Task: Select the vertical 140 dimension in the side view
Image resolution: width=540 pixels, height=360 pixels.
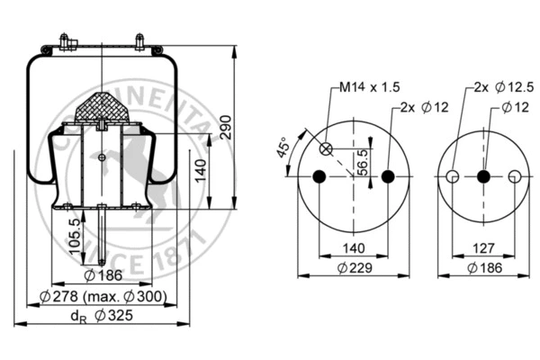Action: (x=201, y=167)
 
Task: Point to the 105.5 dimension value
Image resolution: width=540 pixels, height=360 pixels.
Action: (x=76, y=237)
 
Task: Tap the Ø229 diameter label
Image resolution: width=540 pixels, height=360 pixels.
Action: (x=355, y=268)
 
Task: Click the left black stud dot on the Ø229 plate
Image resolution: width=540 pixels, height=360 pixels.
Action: (x=319, y=176)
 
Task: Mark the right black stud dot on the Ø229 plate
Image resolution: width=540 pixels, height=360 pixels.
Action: (x=389, y=176)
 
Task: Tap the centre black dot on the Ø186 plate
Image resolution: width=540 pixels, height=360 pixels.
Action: (x=483, y=176)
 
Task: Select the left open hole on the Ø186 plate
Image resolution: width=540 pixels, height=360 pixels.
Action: (x=454, y=176)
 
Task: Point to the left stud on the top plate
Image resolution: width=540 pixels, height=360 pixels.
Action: (x=66, y=41)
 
